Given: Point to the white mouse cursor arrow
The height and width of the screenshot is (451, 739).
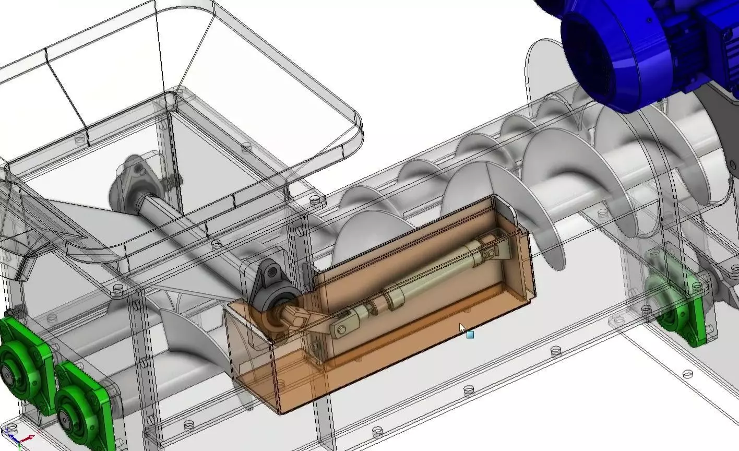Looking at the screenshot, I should (462, 328).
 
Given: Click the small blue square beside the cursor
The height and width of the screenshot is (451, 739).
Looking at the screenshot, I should (470, 335).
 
